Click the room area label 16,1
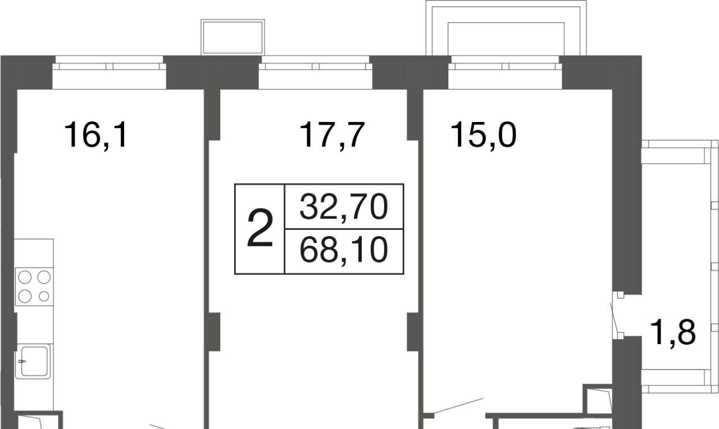(x=95, y=135)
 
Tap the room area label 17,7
(x=331, y=135)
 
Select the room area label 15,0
(x=484, y=135)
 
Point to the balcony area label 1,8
(x=673, y=333)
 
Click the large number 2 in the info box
(x=260, y=228)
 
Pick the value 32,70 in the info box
(x=343, y=207)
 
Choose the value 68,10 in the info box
(x=343, y=250)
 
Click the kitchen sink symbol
(x=33, y=361)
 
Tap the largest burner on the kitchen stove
(x=25, y=277)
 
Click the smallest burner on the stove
(x=44, y=296)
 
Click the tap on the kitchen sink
(x=22, y=361)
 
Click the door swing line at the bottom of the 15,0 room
(x=458, y=405)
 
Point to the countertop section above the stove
(x=34, y=253)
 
